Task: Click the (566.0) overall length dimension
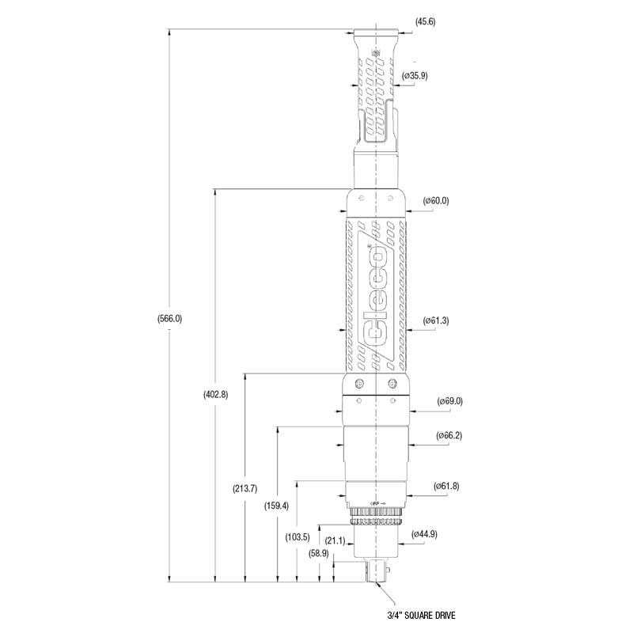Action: pyautogui.click(x=169, y=319)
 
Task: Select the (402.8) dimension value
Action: pyautogui.click(x=215, y=394)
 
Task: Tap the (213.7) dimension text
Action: pyautogui.click(x=244, y=488)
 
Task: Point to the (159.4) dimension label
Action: pyautogui.click(x=276, y=506)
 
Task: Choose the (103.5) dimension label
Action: pyautogui.click(x=298, y=537)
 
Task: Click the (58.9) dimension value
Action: pyautogui.click(x=319, y=553)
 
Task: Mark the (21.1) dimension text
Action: pyautogui.click(x=335, y=540)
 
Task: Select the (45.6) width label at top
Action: pyautogui.click(x=426, y=21)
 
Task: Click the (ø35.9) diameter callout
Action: pyautogui.click(x=415, y=75)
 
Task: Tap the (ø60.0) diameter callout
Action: pyautogui.click(x=436, y=201)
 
